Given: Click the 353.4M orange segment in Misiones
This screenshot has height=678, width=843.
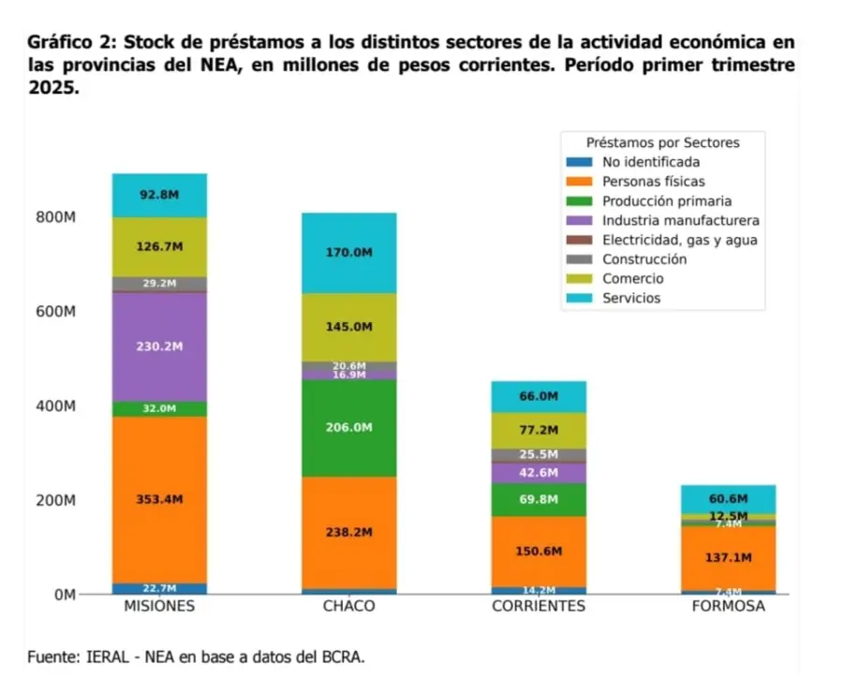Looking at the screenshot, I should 159,499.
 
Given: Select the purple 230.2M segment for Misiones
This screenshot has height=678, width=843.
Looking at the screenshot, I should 159,346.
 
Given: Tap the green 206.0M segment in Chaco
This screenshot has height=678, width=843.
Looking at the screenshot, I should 348,427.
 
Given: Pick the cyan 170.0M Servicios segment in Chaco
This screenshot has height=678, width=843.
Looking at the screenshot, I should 348,253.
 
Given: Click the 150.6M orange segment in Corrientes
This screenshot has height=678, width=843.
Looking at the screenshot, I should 539,551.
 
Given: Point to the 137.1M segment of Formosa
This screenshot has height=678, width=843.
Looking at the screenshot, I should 728,557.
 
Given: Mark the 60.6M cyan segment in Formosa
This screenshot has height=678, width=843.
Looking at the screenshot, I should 728,498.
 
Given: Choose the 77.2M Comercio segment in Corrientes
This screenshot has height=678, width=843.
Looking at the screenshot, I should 539,430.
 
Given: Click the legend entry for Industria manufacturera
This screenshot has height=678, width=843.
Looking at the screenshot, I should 680,221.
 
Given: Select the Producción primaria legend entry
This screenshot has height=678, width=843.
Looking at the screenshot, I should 666,201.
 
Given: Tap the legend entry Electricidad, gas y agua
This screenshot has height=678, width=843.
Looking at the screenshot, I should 679,240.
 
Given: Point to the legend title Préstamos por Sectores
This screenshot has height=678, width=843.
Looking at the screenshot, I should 662,143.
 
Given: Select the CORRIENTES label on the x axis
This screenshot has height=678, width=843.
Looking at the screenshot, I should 539,606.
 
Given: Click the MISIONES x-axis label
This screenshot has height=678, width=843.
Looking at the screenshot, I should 159,606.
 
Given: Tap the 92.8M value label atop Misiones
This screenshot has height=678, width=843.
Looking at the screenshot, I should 159,195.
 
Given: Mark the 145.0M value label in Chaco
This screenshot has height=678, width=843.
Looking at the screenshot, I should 348,327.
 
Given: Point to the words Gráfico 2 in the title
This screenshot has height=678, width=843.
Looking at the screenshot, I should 73,43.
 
